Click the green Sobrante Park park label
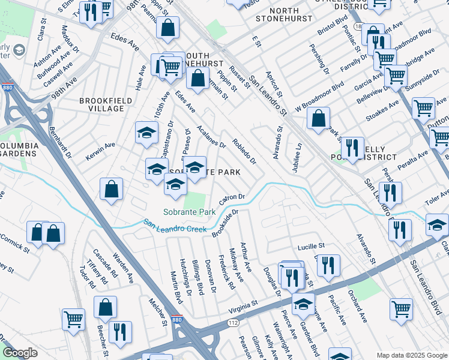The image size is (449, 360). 189,212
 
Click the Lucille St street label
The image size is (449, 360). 311,247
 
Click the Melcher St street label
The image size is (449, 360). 158,313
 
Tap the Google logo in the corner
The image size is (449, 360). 20,353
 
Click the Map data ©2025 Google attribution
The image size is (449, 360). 411,355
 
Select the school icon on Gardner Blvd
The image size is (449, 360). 303,304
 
